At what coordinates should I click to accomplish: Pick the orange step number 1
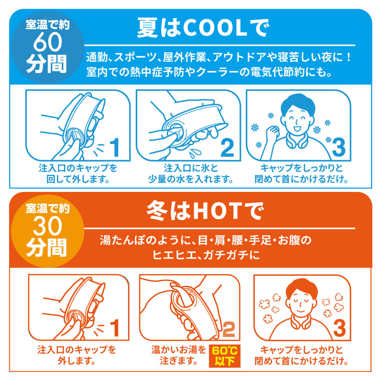pos(114,328)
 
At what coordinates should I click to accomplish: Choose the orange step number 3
pos(339,328)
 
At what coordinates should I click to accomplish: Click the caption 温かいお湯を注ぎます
pos(178,356)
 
